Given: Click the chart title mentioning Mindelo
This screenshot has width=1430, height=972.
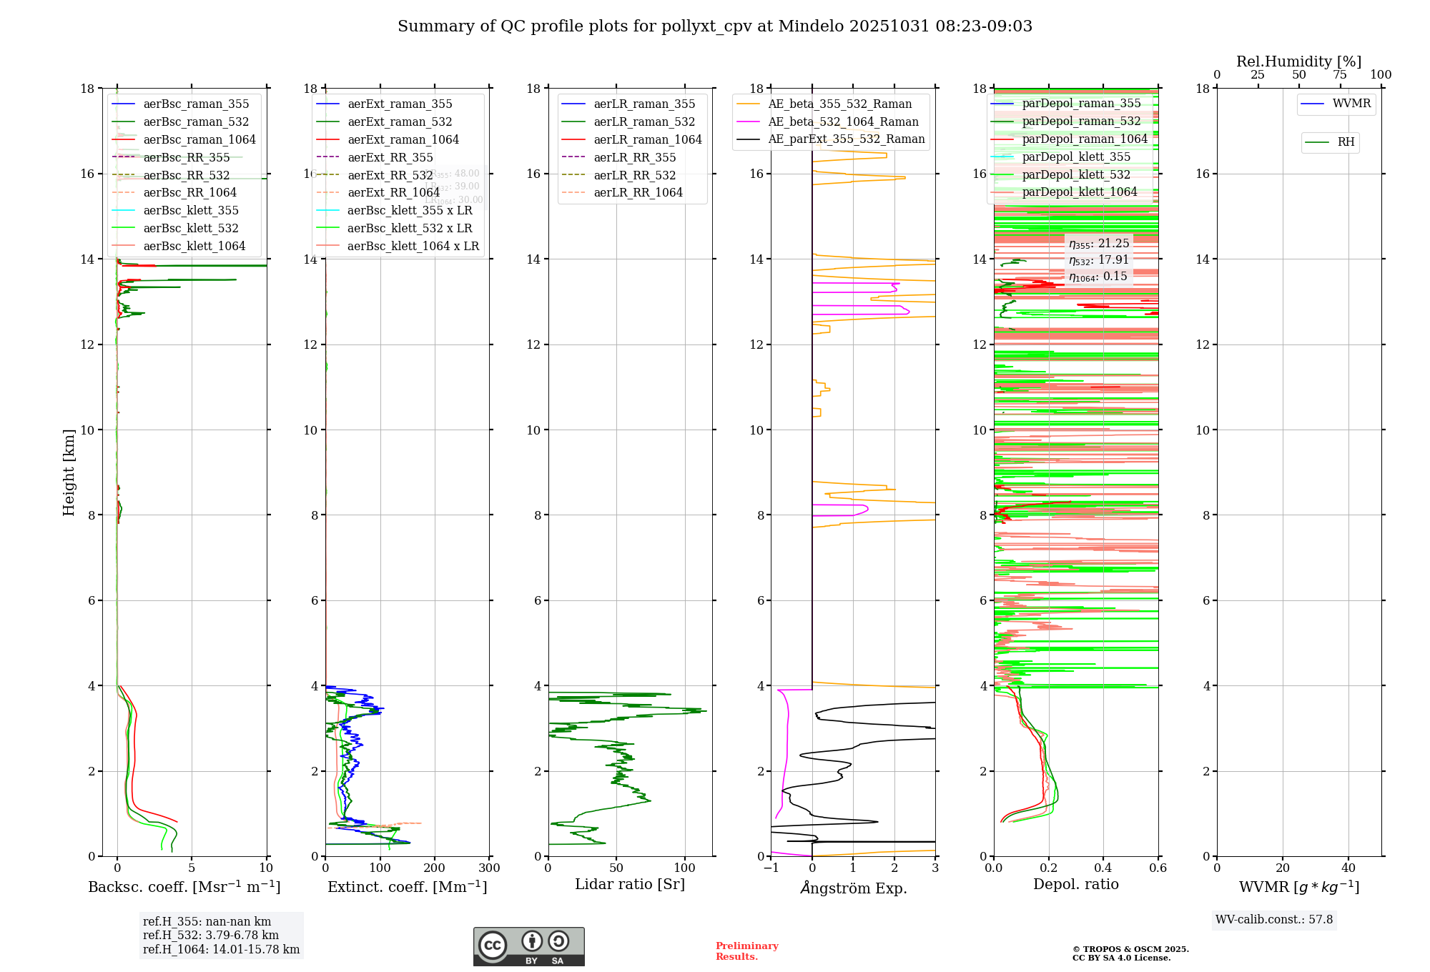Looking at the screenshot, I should click(x=715, y=26).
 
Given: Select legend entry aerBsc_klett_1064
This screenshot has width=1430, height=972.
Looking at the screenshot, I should click(x=194, y=246).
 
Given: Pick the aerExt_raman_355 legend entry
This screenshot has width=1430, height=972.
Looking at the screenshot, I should click(x=400, y=104).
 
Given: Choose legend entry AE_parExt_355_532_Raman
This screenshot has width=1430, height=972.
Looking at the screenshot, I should click(x=846, y=139).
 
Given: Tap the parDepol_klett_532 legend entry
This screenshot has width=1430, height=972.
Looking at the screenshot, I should click(x=1076, y=174).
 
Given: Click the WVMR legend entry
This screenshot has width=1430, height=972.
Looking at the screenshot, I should click(x=1351, y=104).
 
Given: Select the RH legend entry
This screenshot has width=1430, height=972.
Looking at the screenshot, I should click(x=1346, y=142).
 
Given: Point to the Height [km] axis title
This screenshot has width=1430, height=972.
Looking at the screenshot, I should click(x=69, y=472).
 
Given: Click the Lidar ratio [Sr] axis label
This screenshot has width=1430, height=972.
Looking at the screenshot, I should click(x=630, y=884).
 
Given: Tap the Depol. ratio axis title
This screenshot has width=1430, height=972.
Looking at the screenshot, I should click(x=1076, y=884).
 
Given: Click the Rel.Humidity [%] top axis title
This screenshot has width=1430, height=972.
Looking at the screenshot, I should click(x=1298, y=61).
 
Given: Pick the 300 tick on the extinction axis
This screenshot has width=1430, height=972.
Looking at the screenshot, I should click(x=490, y=868).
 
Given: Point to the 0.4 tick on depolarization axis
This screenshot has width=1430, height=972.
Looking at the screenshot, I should click(x=1103, y=868).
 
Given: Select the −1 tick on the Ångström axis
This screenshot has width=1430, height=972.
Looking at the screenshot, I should click(x=771, y=868).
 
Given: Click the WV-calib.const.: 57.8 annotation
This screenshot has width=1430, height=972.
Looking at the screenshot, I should click(x=1274, y=919).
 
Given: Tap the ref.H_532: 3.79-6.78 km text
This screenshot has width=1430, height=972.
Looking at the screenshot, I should click(x=211, y=935).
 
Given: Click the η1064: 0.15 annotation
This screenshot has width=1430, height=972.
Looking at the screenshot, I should click(x=1098, y=277).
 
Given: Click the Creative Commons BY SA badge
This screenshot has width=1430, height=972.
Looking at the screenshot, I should click(x=529, y=947).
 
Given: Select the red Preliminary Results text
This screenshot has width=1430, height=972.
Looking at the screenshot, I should click(x=746, y=951).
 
